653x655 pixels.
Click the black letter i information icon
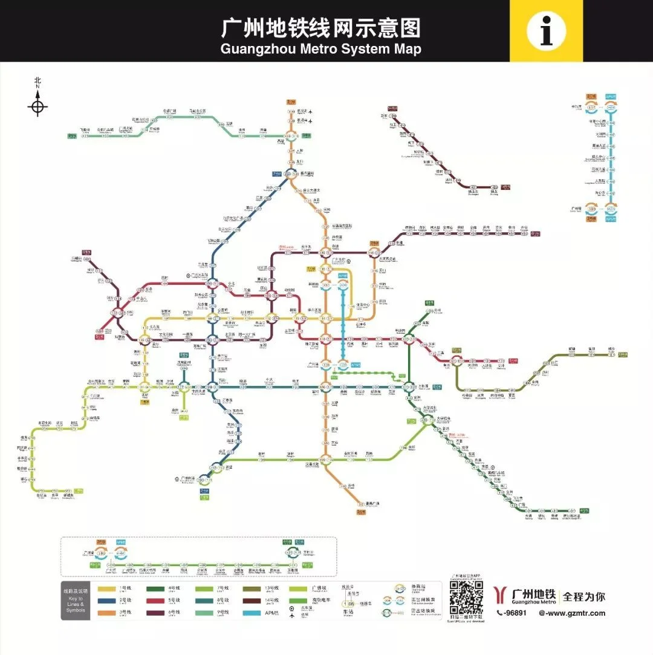pyautogui.click(x=546, y=30)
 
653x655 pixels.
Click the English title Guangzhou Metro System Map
pyautogui.click(x=320, y=48)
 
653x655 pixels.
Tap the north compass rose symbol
pyautogui.click(x=37, y=108)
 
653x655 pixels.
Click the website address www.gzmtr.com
pyautogui.click(x=572, y=613)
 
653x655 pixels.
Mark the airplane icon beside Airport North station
pyautogui.click(x=311, y=112)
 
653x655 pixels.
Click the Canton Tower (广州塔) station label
pyautogui.click(x=326, y=365)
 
